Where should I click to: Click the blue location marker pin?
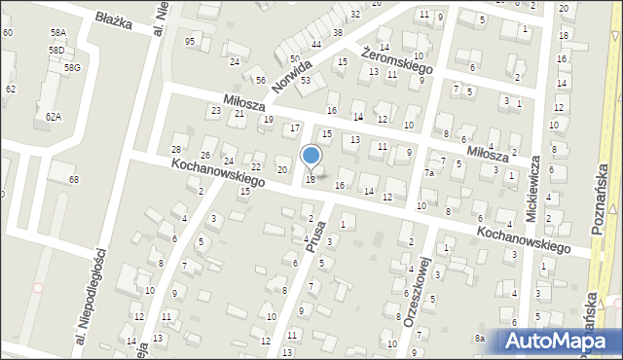click(x=311, y=156)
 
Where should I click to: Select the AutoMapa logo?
click(x=561, y=341)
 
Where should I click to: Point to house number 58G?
click(x=72, y=68)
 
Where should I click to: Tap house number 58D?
click(x=56, y=50)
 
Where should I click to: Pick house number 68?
click(x=73, y=181)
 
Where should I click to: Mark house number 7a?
click(x=428, y=173)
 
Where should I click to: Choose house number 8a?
click(x=479, y=337)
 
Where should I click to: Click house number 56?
click(x=260, y=80)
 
